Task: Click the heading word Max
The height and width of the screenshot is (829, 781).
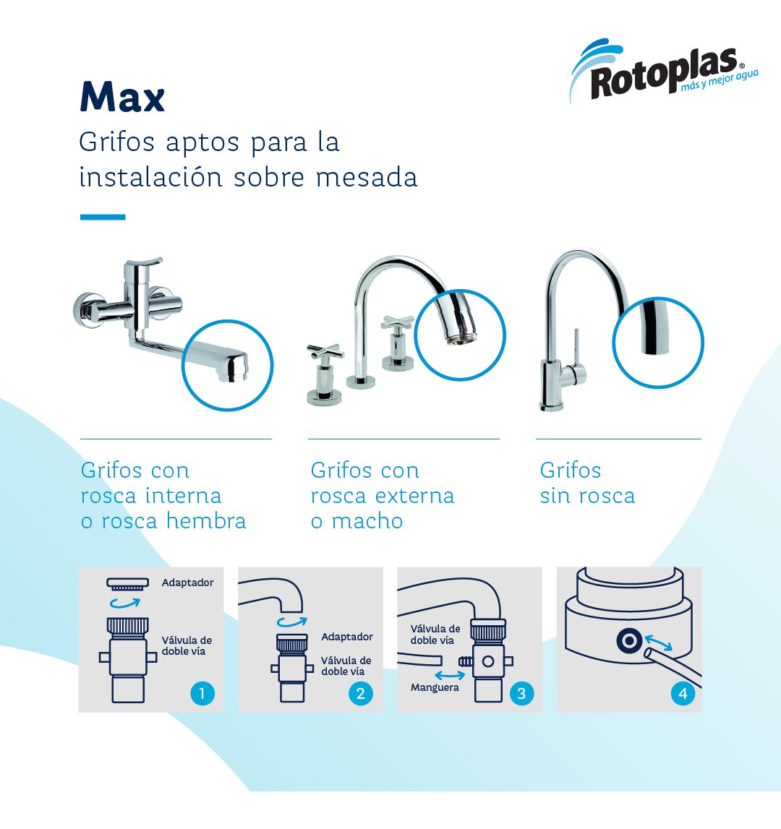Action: (122, 97)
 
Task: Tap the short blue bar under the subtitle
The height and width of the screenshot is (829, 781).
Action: (102, 217)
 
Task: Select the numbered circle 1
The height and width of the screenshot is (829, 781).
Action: (202, 694)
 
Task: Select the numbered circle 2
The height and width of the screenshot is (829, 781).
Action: (360, 694)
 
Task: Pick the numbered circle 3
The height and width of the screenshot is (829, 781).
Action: (521, 694)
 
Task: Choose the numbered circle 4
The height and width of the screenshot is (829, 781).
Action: (682, 694)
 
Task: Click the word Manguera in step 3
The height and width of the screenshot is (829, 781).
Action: (435, 687)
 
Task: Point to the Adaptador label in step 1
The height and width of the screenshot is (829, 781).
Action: (187, 583)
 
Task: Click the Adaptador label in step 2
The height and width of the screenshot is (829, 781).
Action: (347, 637)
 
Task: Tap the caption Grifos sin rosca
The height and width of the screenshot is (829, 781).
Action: (586, 483)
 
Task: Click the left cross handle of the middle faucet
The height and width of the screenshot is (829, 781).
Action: (325, 354)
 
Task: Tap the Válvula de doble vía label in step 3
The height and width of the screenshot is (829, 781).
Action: (435, 635)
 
